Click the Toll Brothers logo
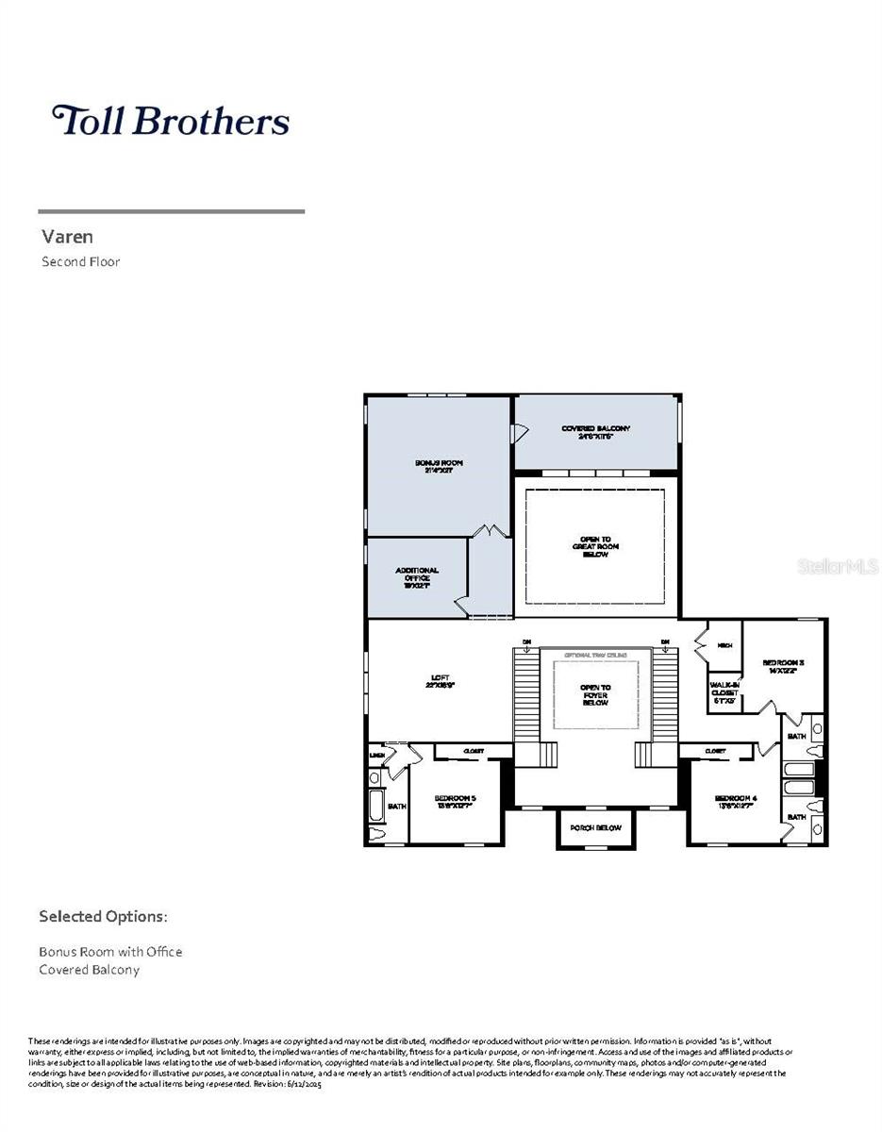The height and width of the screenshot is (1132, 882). click(170, 121)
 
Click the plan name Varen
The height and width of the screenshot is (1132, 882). click(67, 236)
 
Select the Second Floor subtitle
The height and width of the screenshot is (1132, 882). click(80, 262)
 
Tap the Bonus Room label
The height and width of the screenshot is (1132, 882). click(439, 466)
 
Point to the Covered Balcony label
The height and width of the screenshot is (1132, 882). click(595, 432)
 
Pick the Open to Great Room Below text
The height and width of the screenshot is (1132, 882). click(595, 546)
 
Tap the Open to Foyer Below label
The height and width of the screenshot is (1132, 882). click(595, 694)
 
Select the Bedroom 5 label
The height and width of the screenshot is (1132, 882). click(455, 802)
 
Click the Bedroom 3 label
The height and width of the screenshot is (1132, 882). click(783, 667)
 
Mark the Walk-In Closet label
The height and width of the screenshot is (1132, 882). click(724, 693)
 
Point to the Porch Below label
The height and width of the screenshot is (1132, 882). click(595, 828)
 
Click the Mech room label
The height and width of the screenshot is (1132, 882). click(724, 646)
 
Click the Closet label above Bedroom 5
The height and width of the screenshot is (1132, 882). click(474, 751)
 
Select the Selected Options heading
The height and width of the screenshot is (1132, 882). click(103, 917)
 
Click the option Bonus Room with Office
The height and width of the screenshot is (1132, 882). click(110, 952)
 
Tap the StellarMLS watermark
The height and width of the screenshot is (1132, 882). click(838, 567)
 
